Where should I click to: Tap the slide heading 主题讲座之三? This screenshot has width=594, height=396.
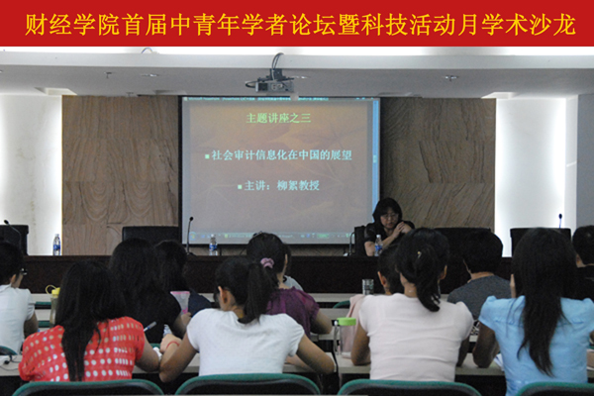279,118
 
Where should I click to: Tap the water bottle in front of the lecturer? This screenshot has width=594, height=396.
378,245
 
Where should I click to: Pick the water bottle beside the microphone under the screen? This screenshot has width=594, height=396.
213,245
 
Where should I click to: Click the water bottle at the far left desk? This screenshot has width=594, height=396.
56,245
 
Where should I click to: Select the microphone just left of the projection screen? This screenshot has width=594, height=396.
189,234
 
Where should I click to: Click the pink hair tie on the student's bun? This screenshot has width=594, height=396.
266,263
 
